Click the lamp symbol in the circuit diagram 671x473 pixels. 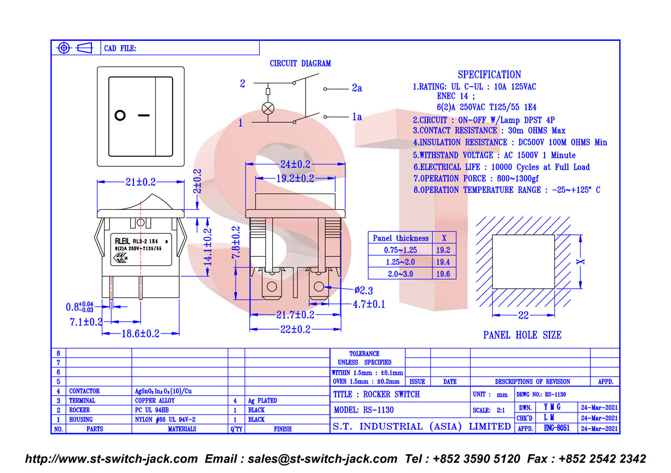point(268,108)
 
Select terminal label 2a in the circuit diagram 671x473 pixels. point(357,88)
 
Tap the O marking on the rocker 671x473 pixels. point(120,116)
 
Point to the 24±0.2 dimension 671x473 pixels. point(295,164)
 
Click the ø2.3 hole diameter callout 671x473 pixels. point(364,290)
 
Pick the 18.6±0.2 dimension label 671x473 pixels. point(141,333)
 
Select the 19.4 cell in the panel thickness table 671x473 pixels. point(443,262)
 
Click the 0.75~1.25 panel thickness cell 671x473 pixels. point(400,250)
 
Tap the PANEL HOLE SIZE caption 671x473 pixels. point(522,335)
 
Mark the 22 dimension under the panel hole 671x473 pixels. point(523,316)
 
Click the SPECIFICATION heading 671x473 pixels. point(489,74)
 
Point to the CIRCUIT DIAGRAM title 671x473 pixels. point(300,64)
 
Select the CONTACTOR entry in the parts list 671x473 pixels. point(84,391)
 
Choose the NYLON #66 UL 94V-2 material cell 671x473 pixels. point(165,420)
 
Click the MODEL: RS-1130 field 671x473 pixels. point(364,410)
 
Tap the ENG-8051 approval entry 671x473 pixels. point(557,428)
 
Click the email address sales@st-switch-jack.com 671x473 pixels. point(322,459)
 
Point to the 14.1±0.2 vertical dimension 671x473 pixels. point(208,247)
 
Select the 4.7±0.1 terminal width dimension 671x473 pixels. point(369,304)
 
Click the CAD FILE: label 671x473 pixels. point(120,48)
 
